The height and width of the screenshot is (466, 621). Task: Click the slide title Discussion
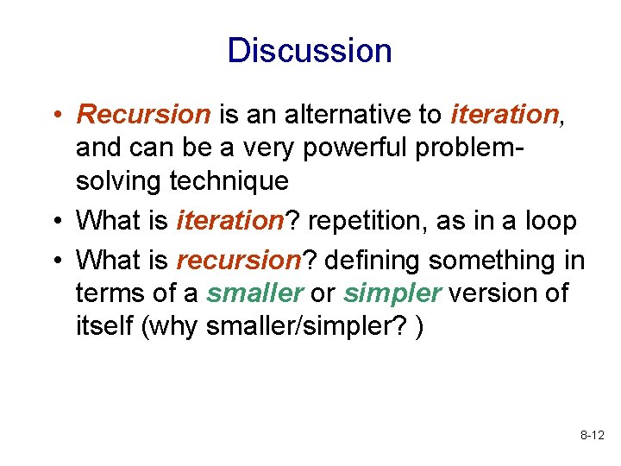pyautogui.click(x=310, y=51)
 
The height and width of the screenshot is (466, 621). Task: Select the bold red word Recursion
pyautogui.click(x=143, y=114)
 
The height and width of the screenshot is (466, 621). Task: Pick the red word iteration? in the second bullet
pyautogui.click(x=230, y=221)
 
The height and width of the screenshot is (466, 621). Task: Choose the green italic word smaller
pyautogui.click(x=254, y=293)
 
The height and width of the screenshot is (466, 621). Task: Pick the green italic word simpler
pyautogui.click(x=393, y=293)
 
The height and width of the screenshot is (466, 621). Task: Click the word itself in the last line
pyautogui.click(x=102, y=328)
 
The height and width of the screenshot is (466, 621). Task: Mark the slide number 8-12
pyautogui.click(x=592, y=438)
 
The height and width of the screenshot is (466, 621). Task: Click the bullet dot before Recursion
pyautogui.click(x=54, y=115)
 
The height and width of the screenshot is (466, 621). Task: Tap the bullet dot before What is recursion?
pyautogui.click(x=54, y=261)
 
